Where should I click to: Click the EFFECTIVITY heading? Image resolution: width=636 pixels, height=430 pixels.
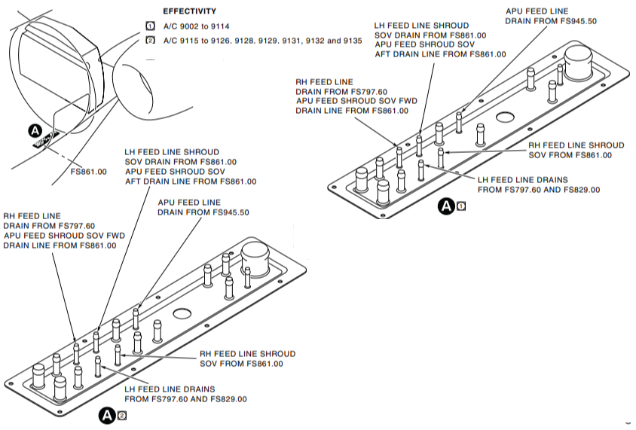point(190,11)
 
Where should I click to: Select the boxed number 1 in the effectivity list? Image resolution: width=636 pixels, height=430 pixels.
point(149,26)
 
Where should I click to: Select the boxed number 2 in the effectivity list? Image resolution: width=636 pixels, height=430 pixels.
point(149,40)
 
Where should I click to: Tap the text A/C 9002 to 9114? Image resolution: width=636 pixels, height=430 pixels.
point(198,26)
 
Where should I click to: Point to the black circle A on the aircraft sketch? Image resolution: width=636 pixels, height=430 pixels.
point(35,131)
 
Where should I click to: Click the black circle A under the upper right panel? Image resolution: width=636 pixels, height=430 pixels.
point(447,205)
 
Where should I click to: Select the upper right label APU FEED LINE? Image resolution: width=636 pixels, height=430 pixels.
point(537,11)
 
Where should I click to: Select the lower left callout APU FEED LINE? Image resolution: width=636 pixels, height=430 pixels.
point(189,203)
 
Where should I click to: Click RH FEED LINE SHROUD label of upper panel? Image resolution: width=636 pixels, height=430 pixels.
point(576,145)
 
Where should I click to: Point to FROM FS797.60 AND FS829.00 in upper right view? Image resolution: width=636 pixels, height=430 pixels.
point(539,190)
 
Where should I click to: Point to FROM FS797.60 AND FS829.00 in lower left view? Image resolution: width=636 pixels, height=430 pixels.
point(185,399)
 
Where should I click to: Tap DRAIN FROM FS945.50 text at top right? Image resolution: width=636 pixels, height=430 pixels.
point(550,21)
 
